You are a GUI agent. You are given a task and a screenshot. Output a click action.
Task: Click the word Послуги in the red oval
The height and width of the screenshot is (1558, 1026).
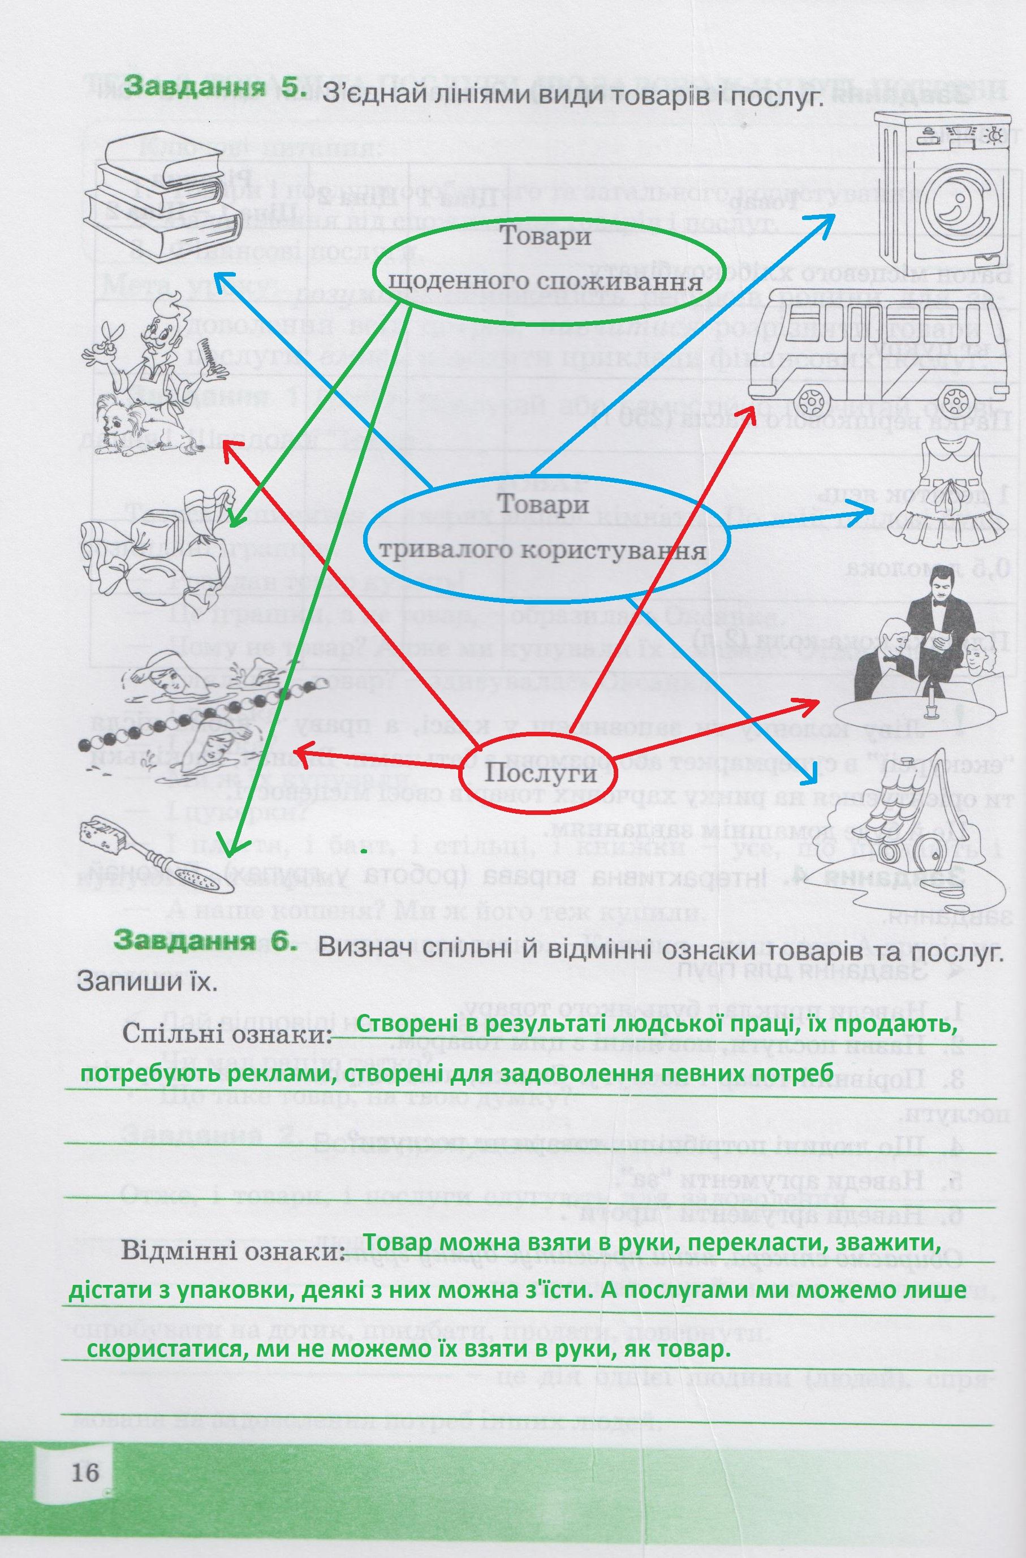coord(540,774)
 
